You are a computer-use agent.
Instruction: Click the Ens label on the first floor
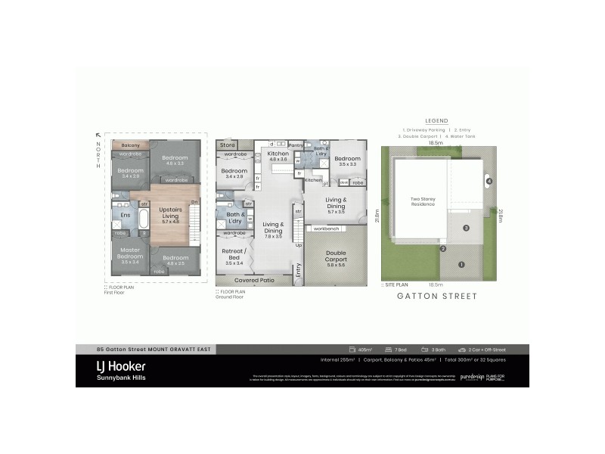pyautogui.click(x=126, y=215)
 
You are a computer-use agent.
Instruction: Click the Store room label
pyautogui.click(x=228, y=144)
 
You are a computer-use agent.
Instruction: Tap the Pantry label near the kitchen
pyautogui.click(x=296, y=144)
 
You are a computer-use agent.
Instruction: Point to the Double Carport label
pyautogui.click(x=336, y=258)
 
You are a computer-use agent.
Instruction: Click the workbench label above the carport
pyautogui.click(x=327, y=228)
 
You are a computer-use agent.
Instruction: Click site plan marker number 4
pyautogui.click(x=489, y=182)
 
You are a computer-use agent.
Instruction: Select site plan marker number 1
pyautogui.click(x=461, y=264)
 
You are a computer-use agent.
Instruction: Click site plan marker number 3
pyautogui.click(x=467, y=228)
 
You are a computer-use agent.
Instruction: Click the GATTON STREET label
pyautogui.click(x=437, y=297)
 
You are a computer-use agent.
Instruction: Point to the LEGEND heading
pyautogui.click(x=436, y=121)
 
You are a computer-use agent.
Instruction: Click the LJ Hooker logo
pyautogui.click(x=121, y=367)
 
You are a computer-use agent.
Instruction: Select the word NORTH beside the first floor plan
pyautogui.click(x=98, y=156)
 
